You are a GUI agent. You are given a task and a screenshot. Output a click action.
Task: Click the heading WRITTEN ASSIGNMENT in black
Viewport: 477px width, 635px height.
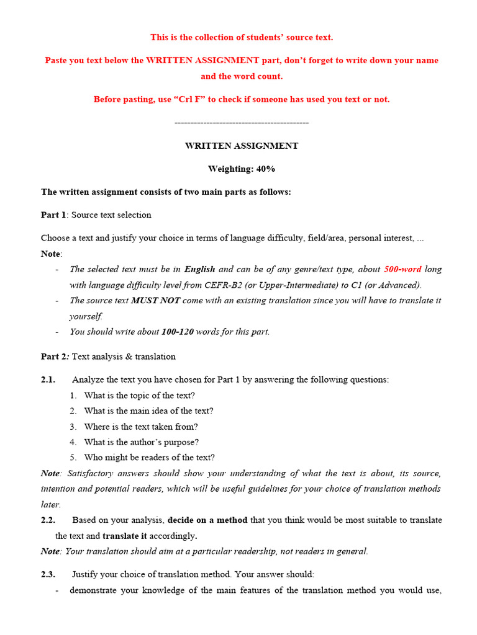(x=242, y=146)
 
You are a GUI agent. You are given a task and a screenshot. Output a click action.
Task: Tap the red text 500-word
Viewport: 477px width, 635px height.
(x=402, y=269)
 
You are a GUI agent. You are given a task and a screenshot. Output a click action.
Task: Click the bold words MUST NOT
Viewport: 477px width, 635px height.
(x=155, y=300)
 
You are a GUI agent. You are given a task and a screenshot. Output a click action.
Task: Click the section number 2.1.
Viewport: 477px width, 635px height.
(x=48, y=380)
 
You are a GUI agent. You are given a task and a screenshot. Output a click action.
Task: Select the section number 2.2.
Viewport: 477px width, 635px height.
(x=48, y=520)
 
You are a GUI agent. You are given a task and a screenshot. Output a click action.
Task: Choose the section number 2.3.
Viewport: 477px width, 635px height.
(x=48, y=574)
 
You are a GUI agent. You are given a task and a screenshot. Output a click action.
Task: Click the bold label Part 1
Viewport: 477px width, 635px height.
(x=53, y=215)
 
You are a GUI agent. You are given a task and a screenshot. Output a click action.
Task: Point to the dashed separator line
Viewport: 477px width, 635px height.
(x=242, y=123)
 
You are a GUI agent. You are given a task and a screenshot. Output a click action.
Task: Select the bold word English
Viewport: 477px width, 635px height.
(x=199, y=269)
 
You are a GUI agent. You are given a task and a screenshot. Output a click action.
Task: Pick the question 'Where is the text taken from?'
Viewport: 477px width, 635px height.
(x=141, y=427)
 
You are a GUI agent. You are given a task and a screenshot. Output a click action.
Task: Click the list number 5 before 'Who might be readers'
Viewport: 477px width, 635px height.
(x=73, y=458)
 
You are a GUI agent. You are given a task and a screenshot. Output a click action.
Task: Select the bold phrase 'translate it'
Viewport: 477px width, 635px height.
(x=125, y=535)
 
